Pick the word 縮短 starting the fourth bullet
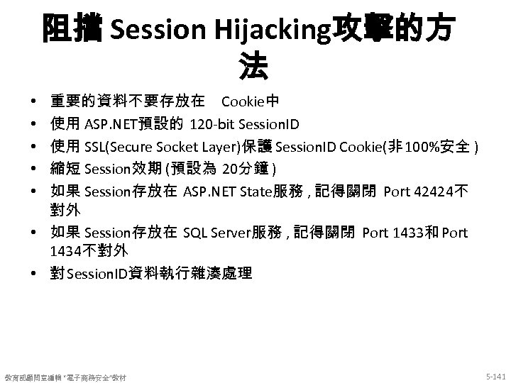coord(66,169)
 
